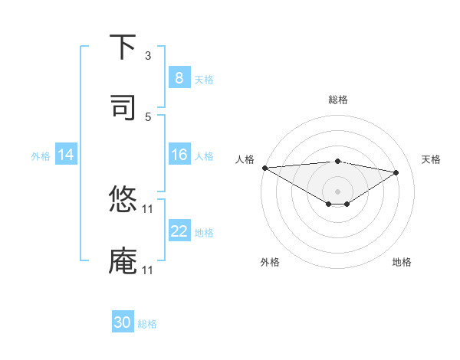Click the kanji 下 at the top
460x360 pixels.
(x=123, y=47)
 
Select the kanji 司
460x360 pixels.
(x=123, y=107)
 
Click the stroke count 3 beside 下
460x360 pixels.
(x=148, y=56)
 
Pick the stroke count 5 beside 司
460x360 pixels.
(x=148, y=117)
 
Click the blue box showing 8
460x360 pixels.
(x=179, y=78)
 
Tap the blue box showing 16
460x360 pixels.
(x=179, y=155)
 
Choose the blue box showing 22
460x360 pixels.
(x=179, y=232)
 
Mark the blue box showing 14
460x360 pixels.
(x=66, y=155)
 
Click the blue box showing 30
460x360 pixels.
(x=123, y=323)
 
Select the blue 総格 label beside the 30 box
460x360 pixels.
(x=147, y=324)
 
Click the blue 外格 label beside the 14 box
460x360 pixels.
(x=41, y=156)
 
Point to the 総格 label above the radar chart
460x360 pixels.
(x=338, y=100)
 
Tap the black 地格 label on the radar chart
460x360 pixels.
(x=402, y=262)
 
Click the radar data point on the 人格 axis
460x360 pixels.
(x=264, y=168)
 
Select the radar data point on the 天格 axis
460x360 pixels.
(x=396, y=172)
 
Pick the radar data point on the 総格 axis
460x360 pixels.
(x=338, y=161)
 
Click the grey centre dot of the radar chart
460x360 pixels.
(x=338, y=191)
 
